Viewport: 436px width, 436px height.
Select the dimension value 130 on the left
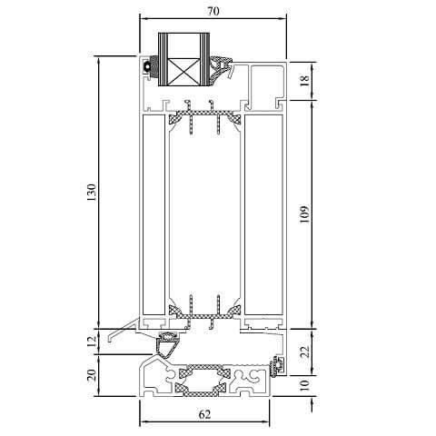pyautogui.click(x=90, y=193)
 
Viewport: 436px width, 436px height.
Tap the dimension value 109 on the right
pyautogui.click(x=306, y=213)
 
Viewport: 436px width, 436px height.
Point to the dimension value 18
pyautogui.click(x=306, y=81)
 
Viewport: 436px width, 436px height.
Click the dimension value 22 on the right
pyautogui.click(x=306, y=350)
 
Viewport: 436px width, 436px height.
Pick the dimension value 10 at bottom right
pyautogui.click(x=306, y=386)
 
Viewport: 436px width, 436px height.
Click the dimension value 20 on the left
pyautogui.click(x=90, y=377)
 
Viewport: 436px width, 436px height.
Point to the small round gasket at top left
pyautogui.click(x=146, y=67)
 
